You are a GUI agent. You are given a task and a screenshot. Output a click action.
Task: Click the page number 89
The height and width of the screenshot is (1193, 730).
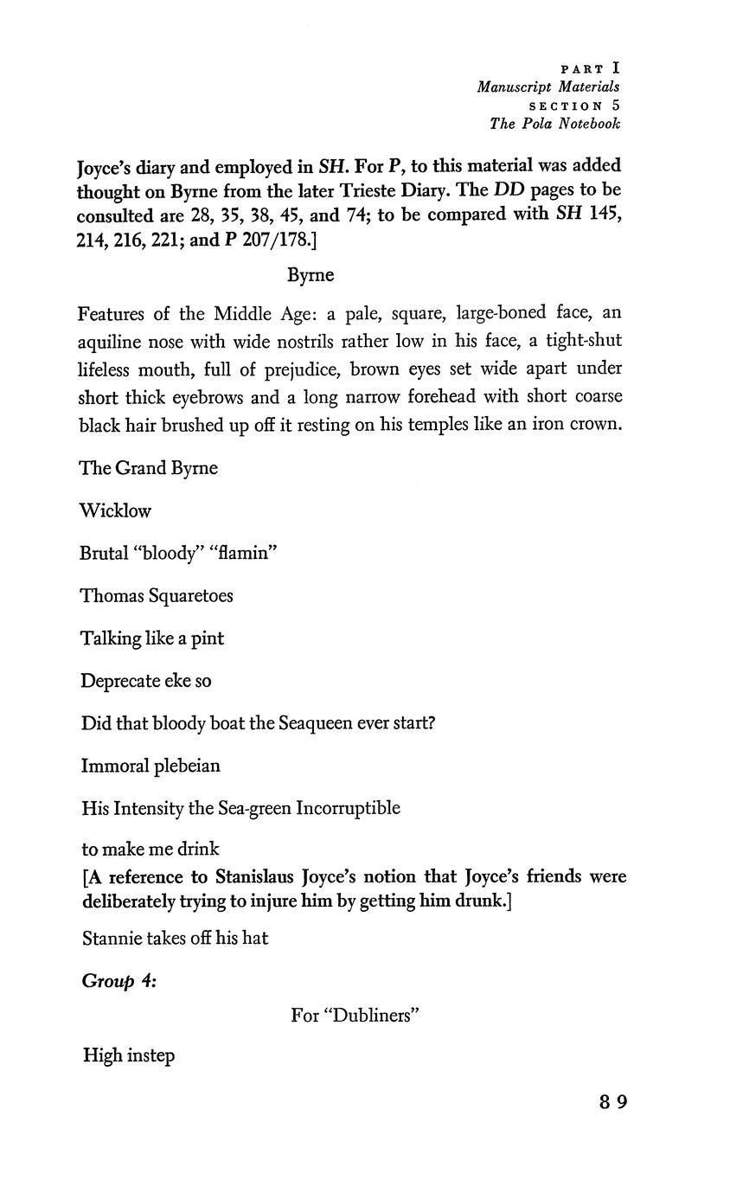tap(612, 1101)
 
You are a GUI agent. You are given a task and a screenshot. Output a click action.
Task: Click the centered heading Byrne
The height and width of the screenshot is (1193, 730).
tap(310, 275)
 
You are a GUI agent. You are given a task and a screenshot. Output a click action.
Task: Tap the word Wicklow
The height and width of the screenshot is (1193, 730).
tap(115, 510)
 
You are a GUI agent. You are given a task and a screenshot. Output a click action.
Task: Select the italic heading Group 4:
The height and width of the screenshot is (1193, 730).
tap(118, 980)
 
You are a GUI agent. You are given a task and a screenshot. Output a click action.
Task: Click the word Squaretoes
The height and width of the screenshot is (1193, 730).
tap(190, 595)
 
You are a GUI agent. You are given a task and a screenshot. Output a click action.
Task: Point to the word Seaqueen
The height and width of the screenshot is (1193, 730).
tap(316, 722)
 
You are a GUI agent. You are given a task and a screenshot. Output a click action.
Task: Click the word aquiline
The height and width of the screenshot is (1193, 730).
tap(109, 341)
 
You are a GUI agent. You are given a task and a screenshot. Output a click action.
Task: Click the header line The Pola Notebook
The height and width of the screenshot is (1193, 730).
tap(554, 123)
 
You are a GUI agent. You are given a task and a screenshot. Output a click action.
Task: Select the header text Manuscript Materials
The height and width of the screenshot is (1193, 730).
tap(547, 87)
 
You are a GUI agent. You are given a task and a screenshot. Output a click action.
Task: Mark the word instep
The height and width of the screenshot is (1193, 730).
tap(150, 1055)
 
